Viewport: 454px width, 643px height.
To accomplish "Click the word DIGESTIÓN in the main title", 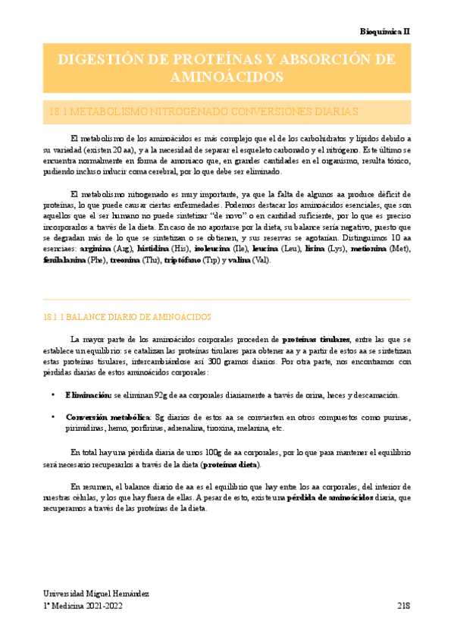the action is point(103,60).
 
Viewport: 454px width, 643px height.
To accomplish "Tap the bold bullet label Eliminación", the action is point(89,396).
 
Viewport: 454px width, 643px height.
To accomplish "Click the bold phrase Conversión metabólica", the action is point(108,417).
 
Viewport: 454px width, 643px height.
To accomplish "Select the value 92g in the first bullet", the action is point(159,396).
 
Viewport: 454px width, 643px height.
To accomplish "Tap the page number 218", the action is point(403,606).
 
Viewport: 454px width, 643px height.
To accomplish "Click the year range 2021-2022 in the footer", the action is point(102,606).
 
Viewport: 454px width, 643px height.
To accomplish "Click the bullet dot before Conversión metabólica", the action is point(52,417).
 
